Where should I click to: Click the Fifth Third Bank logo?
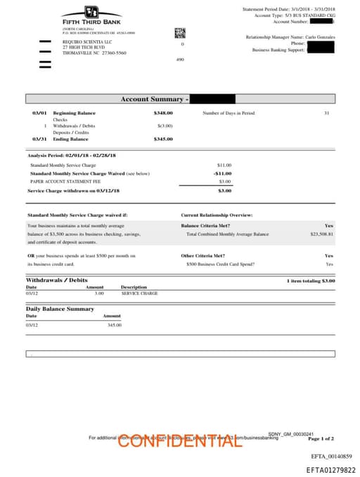[91, 15]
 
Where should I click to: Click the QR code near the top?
[180, 32]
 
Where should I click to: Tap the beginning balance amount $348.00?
[163, 113]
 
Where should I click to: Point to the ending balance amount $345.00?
[163, 139]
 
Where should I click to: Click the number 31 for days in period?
[326, 113]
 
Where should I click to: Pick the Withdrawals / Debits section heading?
[57, 280]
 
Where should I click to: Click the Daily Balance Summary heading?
[60, 309]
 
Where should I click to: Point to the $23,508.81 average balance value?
[321, 234]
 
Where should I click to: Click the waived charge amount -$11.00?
[223, 173]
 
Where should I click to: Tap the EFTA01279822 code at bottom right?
[330, 469]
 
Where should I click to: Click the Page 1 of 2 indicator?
[321, 438]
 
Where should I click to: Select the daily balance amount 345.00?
[114, 325]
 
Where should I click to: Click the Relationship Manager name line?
[290, 37]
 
